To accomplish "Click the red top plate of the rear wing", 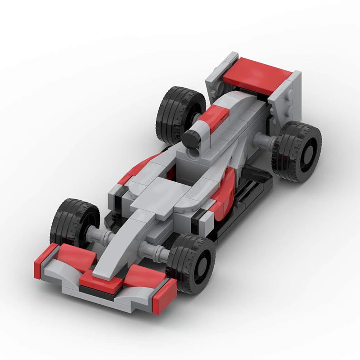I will pyautogui.click(x=256, y=75).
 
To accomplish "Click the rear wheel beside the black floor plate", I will pyautogui.click(x=297, y=151).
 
